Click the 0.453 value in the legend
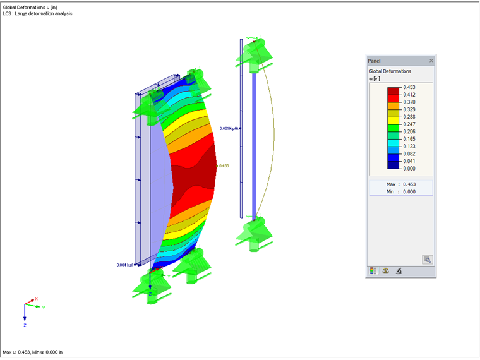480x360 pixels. pos(409,88)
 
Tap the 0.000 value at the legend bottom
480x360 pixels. pos(409,168)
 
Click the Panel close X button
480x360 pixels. pos(431,61)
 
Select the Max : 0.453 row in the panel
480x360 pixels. pos(400,184)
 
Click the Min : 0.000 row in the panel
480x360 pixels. pos(400,191)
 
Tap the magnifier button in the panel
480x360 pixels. pos(428,259)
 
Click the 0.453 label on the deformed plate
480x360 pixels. pos(224,166)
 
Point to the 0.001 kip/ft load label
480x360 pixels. pos(230,128)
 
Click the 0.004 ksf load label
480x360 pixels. pos(126,265)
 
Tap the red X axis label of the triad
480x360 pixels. pos(36,299)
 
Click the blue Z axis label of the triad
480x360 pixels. pos(25,325)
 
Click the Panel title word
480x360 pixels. pos(375,61)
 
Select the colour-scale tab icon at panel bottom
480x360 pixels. pos(373,271)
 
